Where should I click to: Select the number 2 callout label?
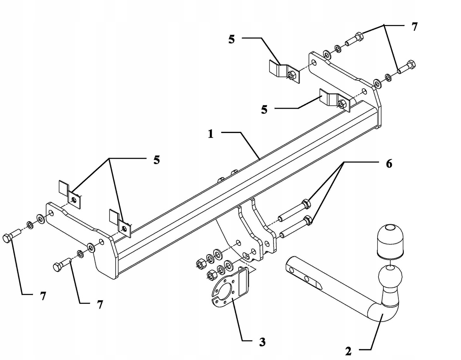(x=348, y=351)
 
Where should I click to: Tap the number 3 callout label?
(x=262, y=342)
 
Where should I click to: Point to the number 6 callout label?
(x=389, y=164)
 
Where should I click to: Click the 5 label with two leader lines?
(x=156, y=160)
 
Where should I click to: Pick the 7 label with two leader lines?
(x=414, y=27)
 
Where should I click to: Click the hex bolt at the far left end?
(x=12, y=236)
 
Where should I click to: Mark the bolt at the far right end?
(x=406, y=68)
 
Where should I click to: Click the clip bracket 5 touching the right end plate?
(x=334, y=100)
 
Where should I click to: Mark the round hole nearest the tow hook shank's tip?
(x=292, y=271)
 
